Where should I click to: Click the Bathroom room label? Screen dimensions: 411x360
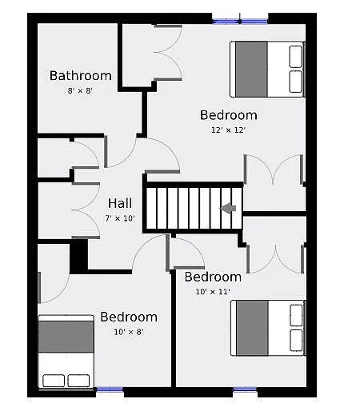point(80,76)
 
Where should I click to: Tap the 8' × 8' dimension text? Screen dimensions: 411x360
point(80,90)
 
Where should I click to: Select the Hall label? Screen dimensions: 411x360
point(120,203)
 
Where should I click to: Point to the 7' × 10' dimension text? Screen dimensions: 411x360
point(120,217)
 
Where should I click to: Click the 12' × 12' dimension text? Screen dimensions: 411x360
point(228,130)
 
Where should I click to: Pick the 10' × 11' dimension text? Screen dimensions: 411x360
point(213,292)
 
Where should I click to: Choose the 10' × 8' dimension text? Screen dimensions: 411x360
point(128,331)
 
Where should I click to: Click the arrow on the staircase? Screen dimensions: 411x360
point(229,209)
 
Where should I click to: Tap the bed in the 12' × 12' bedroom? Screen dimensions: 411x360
point(267,70)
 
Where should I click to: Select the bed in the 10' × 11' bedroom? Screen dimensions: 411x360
point(267,327)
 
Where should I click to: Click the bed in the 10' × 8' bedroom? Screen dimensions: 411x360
point(67,352)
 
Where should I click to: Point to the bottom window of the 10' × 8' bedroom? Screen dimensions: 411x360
point(110,390)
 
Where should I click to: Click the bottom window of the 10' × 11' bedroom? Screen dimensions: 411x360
point(245,390)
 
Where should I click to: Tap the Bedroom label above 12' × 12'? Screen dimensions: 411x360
point(228,115)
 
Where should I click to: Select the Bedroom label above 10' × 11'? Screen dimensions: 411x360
point(213,277)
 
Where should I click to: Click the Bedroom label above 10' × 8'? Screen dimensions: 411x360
point(128,317)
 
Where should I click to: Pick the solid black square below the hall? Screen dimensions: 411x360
point(78,257)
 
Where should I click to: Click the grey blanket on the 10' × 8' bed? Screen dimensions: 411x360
point(67,337)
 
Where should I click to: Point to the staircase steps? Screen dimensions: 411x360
point(188,209)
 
